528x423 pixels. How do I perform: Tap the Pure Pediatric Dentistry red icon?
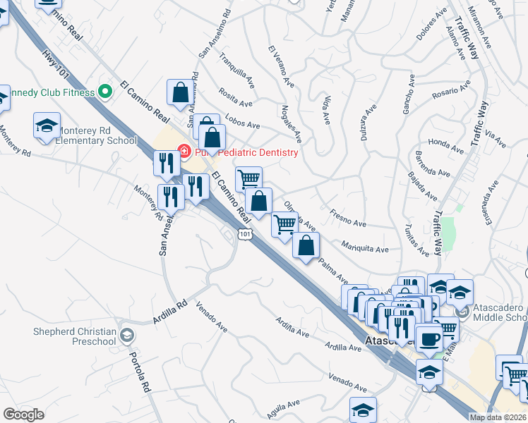(x=184, y=151)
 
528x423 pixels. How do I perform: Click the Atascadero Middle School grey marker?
(x=462, y=311)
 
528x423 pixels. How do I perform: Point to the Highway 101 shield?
(x=245, y=233)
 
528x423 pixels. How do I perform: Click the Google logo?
(x=23, y=415)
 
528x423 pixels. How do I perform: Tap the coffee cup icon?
(x=429, y=339)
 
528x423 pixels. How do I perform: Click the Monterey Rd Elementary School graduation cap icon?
(x=47, y=126)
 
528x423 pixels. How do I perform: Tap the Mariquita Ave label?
(x=364, y=247)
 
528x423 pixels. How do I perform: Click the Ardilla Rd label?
(x=169, y=313)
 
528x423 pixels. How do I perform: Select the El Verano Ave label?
(x=280, y=66)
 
